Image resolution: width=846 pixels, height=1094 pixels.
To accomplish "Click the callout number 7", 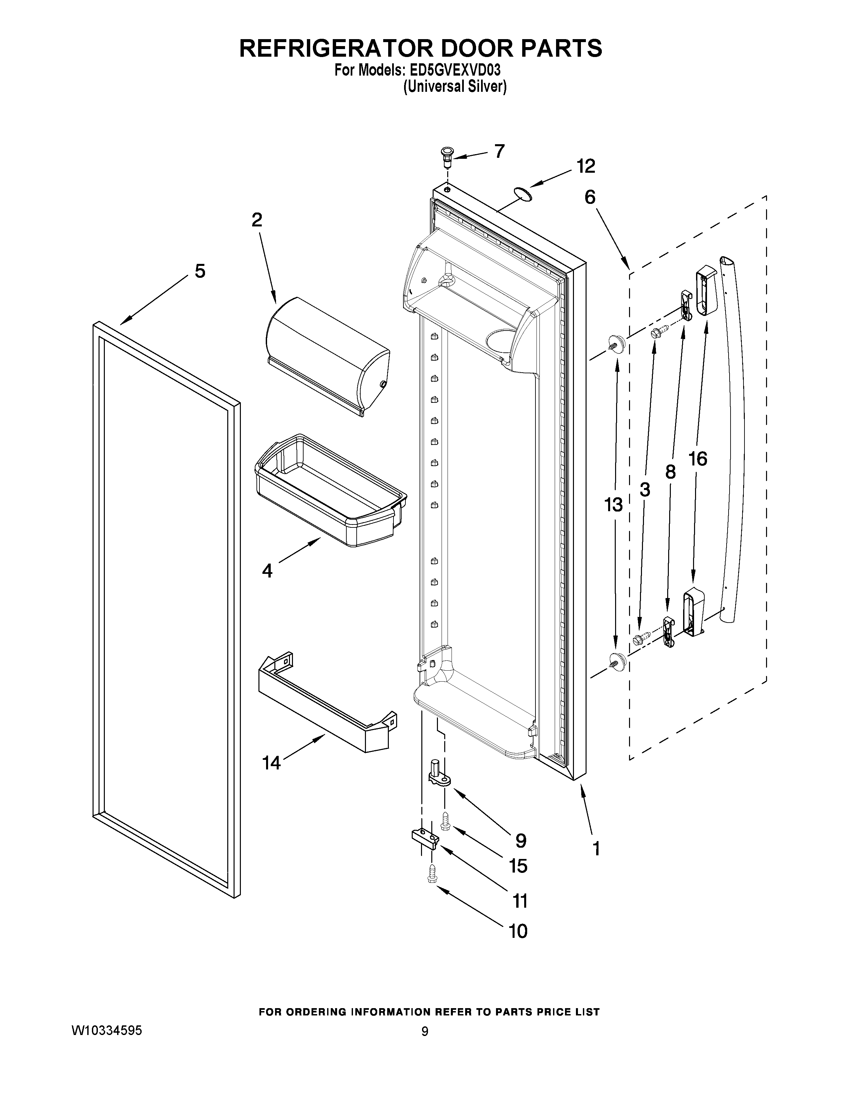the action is click(499, 151).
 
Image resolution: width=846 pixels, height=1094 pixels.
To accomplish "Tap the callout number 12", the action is click(585, 166).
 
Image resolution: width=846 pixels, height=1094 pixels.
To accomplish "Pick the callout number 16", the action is click(698, 458).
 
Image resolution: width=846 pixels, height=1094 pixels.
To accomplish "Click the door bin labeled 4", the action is click(328, 491).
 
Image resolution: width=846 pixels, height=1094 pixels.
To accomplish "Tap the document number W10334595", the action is click(107, 1029).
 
